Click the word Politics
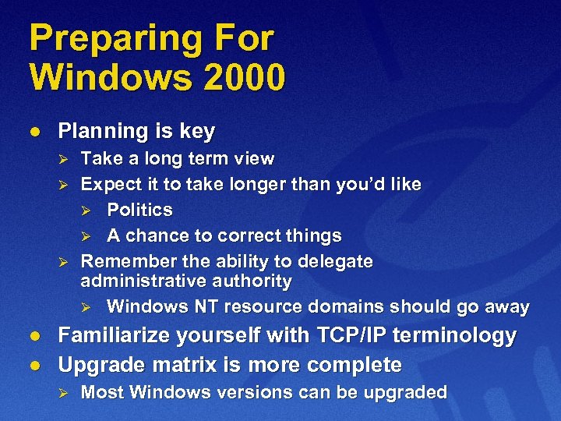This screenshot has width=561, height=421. [139, 210]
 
